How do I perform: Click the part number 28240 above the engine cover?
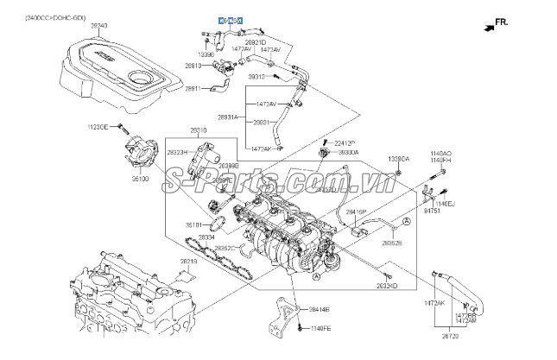(x=99, y=26)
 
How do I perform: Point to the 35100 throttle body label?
(x=141, y=180)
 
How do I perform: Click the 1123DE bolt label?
(x=98, y=127)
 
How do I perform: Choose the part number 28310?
(x=199, y=130)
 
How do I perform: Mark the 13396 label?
(x=206, y=54)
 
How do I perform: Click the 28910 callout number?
(x=193, y=65)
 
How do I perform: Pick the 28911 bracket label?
(x=193, y=89)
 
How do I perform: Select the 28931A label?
(x=228, y=117)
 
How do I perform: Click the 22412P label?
(x=344, y=142)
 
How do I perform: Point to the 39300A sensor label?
(x=348, y=152)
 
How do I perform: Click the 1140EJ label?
(x=444, y=203)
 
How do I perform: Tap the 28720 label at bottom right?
(x=450, y=336)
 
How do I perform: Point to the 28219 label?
(x=188, y=261)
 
